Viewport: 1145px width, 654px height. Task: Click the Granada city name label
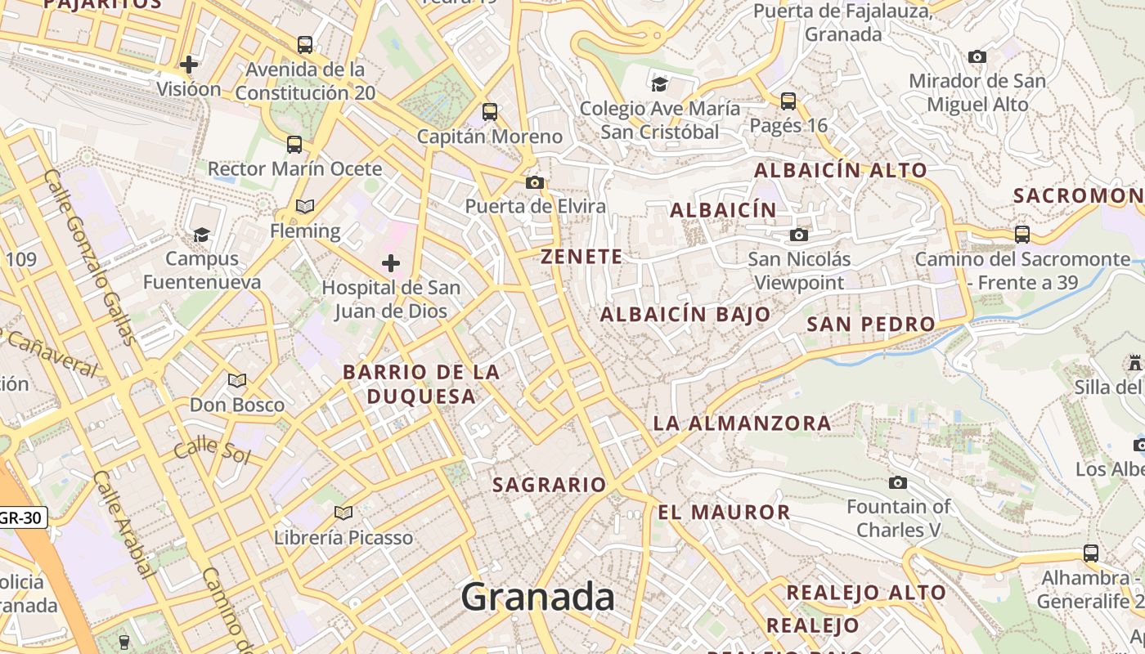537,598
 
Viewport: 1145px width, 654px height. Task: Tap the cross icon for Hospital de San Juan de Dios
391,263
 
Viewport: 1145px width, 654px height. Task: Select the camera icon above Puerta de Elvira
535,182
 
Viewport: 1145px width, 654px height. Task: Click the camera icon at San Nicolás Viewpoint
798,235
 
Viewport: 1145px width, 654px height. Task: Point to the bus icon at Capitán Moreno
490,112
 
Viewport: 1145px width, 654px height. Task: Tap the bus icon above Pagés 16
788,101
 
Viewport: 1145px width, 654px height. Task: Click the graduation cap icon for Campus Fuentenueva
201,235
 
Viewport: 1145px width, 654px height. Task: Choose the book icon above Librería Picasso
343,513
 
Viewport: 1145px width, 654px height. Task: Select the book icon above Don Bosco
237,380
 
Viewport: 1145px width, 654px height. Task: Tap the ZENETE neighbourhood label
581,257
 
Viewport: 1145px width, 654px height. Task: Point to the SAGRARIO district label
549,485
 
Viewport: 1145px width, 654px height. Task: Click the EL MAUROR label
724,513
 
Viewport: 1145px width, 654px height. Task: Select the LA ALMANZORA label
742,423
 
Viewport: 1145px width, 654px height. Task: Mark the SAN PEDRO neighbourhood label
870,324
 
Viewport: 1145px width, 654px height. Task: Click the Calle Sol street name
212,450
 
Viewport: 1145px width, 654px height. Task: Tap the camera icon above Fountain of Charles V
898,482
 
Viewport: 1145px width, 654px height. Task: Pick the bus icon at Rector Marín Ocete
294,145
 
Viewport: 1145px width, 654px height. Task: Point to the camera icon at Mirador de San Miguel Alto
977,57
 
